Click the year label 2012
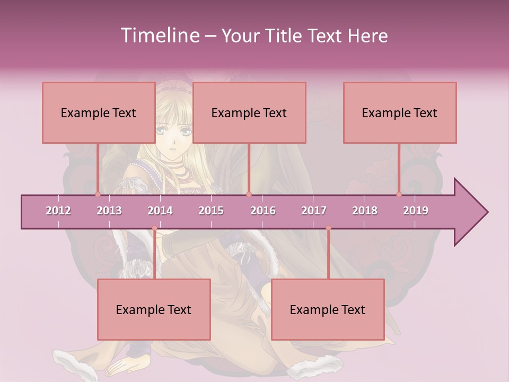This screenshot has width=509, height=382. click(x=58, y=211)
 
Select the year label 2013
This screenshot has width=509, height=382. click(x=109, y=211)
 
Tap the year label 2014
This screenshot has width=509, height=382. click(x=160, y=211)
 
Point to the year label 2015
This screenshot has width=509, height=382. click(x=211, y=211)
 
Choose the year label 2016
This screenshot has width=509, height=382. click(x=263, y=211)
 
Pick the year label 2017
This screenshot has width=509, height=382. click(x=314, y=211)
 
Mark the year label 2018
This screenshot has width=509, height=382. click(x=365, y=211)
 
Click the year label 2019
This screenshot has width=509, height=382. click(x=416, y=211)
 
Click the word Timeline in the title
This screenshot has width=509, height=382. click(x=159, y=36)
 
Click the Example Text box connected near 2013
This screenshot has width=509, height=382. click(x=98, y=112)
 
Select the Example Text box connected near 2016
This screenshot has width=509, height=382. click(x=249, y=112)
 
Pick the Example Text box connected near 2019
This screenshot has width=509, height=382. click(x=399, y=112)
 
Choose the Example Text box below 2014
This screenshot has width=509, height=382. click(x=153, y=309)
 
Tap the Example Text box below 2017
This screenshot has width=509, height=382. click(x=327, y=309)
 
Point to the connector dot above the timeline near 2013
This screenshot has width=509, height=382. click(x=98, y=194)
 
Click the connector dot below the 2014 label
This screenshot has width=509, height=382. click(x=154, y=228)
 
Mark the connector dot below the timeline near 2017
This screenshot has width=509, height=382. click(x=328, y=228)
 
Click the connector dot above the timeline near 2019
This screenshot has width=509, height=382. click(x=399, y=194)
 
